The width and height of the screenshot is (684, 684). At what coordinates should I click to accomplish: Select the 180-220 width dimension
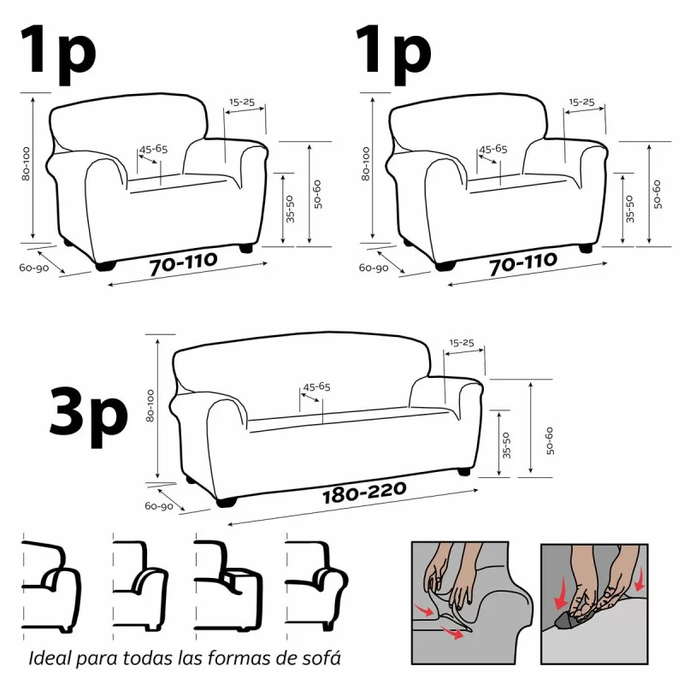[x=363, y=492]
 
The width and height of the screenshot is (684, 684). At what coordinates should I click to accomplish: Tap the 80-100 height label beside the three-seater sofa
[x=151, y=407]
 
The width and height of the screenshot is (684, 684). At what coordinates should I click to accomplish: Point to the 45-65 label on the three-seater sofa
[x=315, y=386]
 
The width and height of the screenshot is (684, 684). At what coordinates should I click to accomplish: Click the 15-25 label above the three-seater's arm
[x=461, y=342]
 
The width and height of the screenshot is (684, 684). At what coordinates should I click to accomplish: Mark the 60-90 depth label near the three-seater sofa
[x=160, y=507]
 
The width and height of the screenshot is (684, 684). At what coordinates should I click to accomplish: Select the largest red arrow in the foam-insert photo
[x=563, y=591]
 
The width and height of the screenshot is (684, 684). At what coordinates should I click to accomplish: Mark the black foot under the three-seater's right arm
[x=463, y=471]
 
